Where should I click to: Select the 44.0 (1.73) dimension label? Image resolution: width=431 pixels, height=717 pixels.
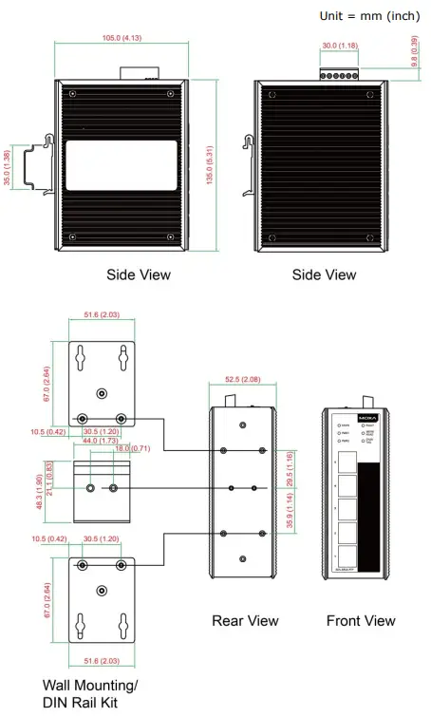pos(102,442)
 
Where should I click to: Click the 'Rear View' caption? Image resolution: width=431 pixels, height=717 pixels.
pos(245,620)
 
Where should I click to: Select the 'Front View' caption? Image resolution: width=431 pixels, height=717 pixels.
pos(361,620)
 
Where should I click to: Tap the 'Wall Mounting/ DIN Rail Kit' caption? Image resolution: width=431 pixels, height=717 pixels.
pos(90,693)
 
